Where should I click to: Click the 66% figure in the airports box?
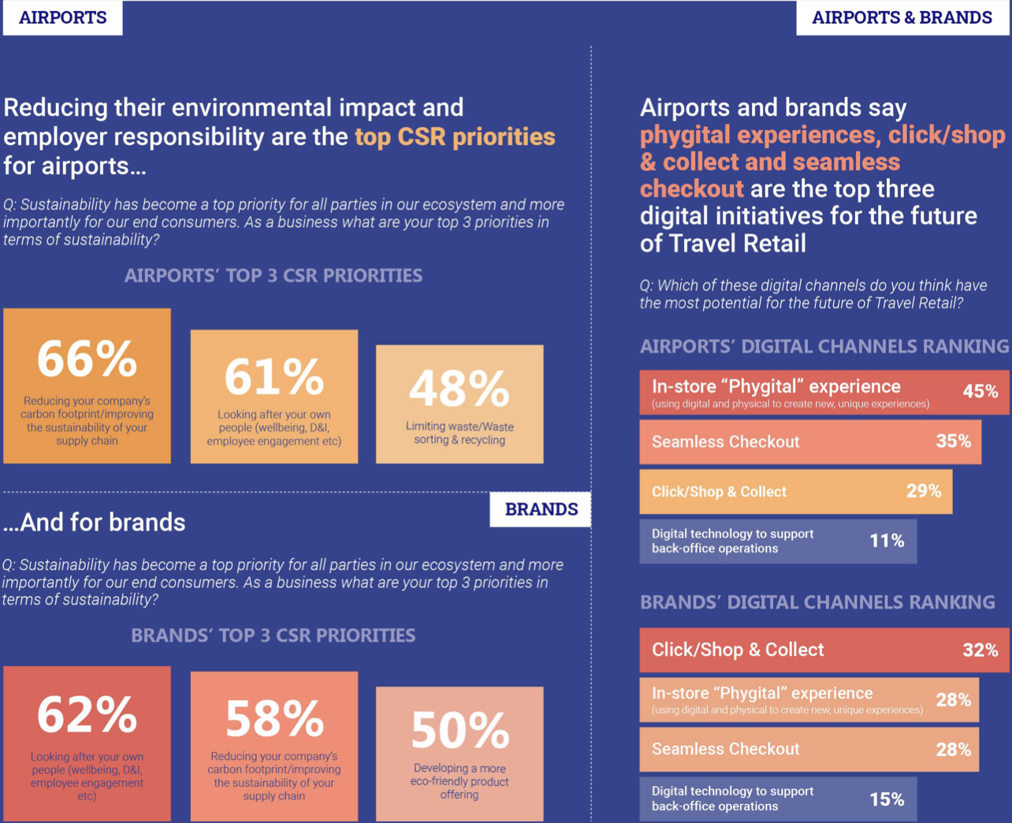click(87, 359)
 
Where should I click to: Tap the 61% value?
click(274, 378)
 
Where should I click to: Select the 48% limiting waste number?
click(459, 389)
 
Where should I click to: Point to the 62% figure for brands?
click(87, 715)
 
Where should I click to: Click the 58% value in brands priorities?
click(274, 718)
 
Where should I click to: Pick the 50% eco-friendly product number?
click(460, 730)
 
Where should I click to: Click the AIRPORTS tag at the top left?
click(63, 17)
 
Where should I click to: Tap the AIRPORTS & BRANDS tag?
click(902, 17)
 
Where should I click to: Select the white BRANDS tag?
click(541, 509)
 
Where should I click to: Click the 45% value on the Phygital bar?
click(980, 392)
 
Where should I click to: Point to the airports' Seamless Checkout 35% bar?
click(810, 442)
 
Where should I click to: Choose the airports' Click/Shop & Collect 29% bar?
click(796, 492)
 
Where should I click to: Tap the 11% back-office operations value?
click(887, 541)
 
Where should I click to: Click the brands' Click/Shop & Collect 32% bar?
click(824, 650)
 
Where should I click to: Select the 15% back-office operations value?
click(887, 799)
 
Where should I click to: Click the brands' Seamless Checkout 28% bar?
click(809, 750)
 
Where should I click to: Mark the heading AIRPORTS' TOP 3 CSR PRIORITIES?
click(273, 276)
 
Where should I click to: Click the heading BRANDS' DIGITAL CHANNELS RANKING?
click(817, 602)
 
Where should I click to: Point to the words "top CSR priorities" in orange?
click(455, 137)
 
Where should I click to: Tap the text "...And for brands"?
click(94, 522)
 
